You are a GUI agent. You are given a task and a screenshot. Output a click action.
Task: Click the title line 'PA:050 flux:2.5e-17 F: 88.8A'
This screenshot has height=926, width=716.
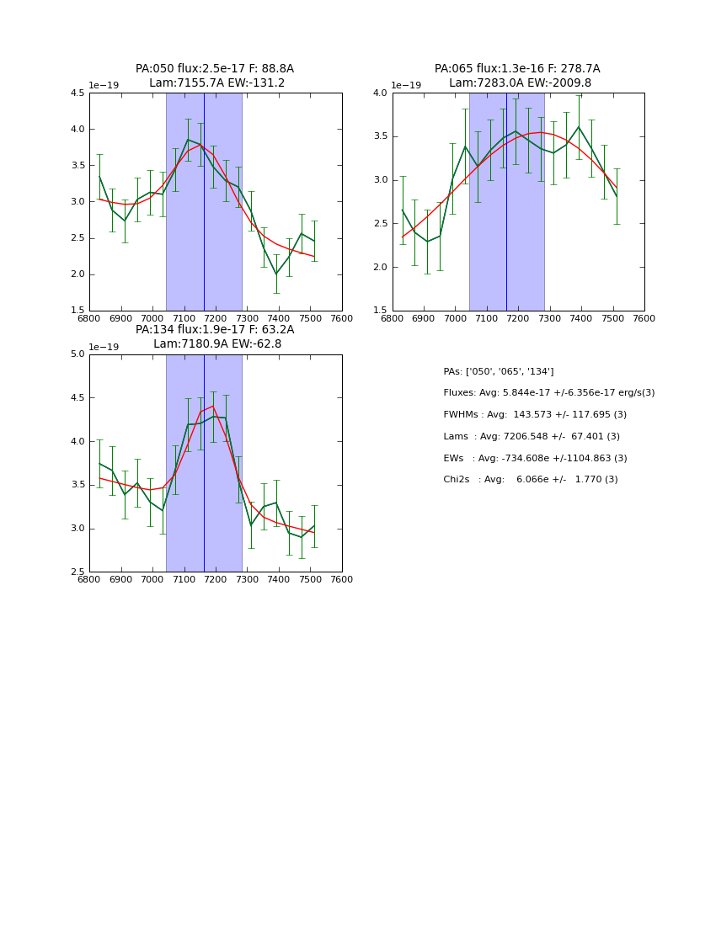(x=215, y=69)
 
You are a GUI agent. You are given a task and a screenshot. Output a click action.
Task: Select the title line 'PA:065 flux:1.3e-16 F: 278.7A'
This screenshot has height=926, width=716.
(x=517, y=69)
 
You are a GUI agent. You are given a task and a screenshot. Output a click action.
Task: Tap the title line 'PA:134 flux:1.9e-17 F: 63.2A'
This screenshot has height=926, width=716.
(x=215, y=330)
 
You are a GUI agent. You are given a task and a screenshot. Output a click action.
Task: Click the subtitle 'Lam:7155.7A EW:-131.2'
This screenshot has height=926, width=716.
(x=216, y=83)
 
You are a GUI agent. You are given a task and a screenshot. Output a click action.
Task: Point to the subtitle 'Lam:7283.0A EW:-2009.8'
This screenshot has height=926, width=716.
(x=520, y=83)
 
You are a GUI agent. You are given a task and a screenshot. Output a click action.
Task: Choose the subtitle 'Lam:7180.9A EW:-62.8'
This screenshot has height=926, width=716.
(x=217, y=344)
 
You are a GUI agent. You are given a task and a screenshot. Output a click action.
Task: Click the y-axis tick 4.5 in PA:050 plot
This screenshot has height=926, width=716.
(x=77, y=93)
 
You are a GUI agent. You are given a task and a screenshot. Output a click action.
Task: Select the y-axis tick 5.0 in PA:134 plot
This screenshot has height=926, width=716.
(x=77, y=354)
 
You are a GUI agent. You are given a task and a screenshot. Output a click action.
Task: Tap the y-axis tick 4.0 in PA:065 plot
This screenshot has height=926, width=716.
(x=379, y=93)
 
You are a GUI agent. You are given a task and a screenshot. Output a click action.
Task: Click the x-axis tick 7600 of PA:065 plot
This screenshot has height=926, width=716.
(x=644, y=318)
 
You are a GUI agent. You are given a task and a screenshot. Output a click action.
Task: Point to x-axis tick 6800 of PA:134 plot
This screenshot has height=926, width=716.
(x=89, y=579)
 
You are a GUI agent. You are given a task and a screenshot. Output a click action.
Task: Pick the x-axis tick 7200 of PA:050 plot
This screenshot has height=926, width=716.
(x=216, y=318)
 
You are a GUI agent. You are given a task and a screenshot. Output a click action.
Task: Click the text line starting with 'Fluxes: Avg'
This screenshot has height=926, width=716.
(x=548, y=393)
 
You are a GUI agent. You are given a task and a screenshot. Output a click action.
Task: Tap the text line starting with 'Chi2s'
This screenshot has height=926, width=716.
(x=530, y=480)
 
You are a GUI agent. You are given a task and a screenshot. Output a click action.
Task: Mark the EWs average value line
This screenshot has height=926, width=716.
(x=535, y=459)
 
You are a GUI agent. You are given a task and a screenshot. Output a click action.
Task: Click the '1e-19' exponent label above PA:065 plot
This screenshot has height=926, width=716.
(x=406, y=86)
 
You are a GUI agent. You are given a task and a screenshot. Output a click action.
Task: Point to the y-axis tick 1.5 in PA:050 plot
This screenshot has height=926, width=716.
(x=77, y=311)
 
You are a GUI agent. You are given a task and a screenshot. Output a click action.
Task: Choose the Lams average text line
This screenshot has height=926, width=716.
(x=532, y=437)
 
